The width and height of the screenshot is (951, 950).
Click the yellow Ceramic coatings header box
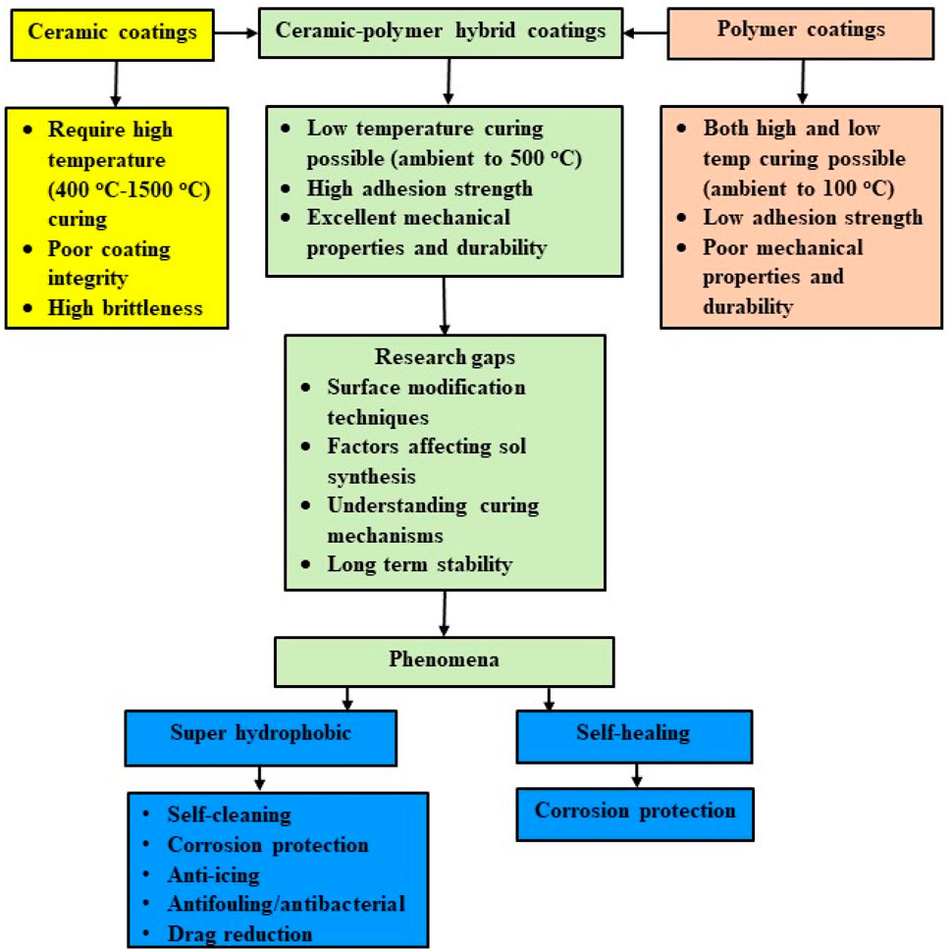point(112,31)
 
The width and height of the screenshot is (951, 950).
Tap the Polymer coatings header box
point(801,30)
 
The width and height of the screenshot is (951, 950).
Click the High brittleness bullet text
point(125,308)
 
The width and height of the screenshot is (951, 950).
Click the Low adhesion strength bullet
point(812,218)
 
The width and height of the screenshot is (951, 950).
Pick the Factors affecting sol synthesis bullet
point(426,460)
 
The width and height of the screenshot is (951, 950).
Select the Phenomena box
point(446,660)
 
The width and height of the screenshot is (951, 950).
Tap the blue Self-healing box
point(634,732)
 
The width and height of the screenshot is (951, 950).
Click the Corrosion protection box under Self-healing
point(634,812)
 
